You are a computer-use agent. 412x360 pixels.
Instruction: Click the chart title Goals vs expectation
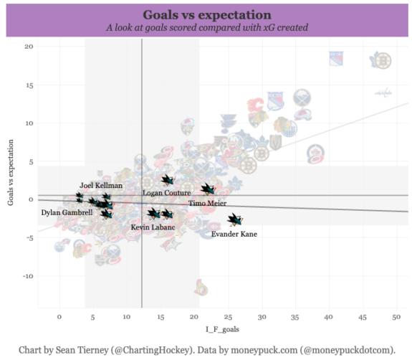206,14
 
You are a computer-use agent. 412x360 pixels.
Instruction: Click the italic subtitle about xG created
206,27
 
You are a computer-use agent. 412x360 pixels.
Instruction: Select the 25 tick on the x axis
229,316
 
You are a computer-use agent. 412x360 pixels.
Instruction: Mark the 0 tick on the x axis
59,316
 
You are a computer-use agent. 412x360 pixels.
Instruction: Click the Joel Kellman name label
100,185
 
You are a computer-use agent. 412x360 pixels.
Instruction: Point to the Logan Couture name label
166,193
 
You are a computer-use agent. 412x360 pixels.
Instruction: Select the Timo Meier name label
208,204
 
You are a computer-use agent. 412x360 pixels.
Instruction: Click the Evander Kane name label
234,234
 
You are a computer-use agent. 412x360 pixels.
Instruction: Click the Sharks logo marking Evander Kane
234,220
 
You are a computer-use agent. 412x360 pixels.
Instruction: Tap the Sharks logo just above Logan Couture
167,180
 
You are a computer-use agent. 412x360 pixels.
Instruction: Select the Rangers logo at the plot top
337,59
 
